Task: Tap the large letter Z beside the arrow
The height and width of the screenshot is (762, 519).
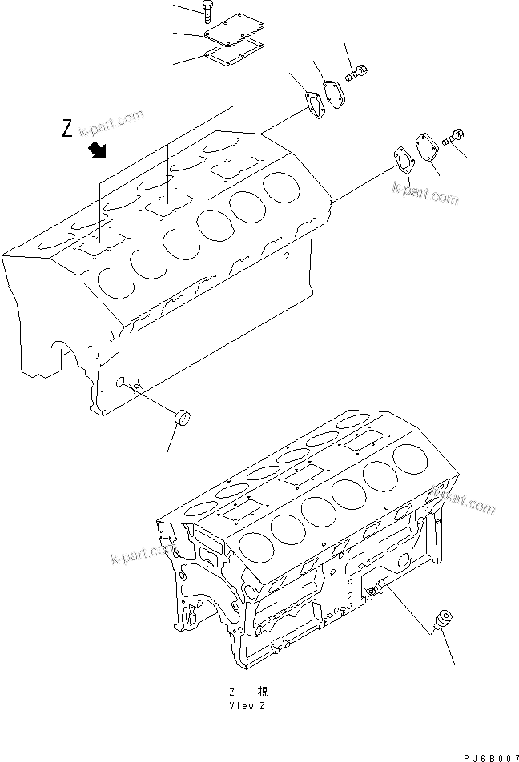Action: pos(69,128)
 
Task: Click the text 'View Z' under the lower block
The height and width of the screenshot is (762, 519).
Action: pos(242,706)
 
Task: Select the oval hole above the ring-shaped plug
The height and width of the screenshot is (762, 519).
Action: pos(123,383)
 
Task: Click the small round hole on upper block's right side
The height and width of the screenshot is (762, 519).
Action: pos(287,257)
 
